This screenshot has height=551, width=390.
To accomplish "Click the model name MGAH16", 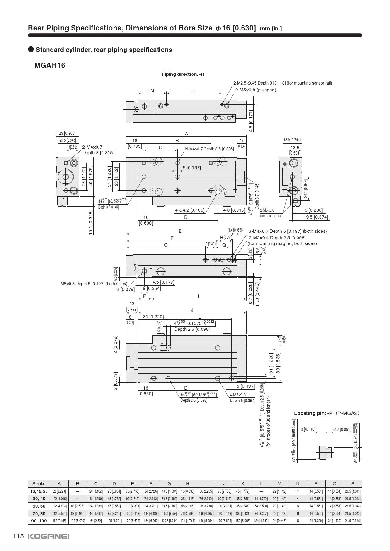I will click(x=50, y=65).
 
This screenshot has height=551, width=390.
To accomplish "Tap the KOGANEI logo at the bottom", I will click(x=48, y=536).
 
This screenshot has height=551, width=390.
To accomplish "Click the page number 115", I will click(x=18, y=536).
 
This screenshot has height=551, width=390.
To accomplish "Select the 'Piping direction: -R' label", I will click(x=183, y=74).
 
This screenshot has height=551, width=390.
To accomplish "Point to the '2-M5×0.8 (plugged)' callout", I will click(x=255, y=90).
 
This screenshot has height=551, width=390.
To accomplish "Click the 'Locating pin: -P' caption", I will click(x=313, y=413).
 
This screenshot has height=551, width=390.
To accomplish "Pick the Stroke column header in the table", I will click(x=39, y=483).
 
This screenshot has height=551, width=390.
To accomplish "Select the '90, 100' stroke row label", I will click(x=39, y=521).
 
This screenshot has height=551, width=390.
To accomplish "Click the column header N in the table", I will click(x=298, y=483).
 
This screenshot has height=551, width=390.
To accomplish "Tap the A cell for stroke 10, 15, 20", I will click(x=59, y=491).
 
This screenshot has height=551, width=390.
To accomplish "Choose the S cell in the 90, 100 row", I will click(x=353, y=521).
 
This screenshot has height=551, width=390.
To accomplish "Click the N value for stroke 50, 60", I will click(x=298, y=506).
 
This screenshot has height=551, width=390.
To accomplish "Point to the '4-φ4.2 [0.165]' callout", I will click(x=190, y=210).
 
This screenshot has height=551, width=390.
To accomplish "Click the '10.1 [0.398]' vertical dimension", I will click(x=91, y=222).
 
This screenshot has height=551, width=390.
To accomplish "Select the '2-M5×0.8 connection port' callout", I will click(x=271, y=213).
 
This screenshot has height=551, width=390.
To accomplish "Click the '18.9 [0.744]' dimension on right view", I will click(x=292, y=140).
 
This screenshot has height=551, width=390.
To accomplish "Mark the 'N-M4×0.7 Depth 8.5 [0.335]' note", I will click(x=209, y=149).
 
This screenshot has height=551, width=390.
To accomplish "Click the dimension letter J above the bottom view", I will click(x=192, y=310).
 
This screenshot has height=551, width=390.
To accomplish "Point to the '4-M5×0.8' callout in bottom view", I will click(x=238, y=395).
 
